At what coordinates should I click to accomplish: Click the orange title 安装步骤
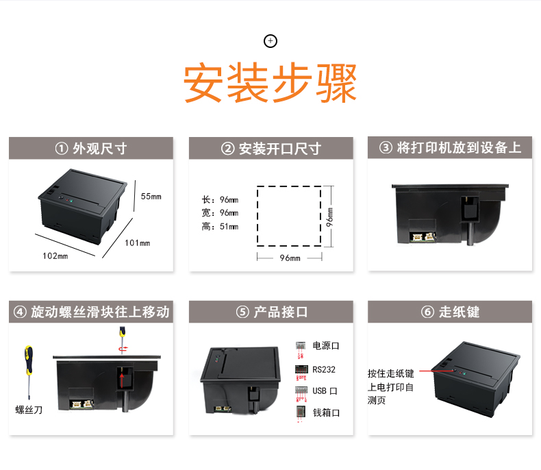(x=270, y=84)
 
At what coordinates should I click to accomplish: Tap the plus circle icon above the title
(x=270, y=41)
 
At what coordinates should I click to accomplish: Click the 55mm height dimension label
(x=151, y=197)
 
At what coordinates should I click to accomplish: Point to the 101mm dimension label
(x=138, y=243)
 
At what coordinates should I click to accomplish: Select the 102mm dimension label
(x=55, y=256)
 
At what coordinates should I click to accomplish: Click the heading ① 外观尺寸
(x=91, y=149)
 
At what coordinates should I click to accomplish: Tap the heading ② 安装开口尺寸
(x=271, y=149)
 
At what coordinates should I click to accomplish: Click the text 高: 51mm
(x=220, y=226)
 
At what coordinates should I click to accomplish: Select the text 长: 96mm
(x=220, y=199)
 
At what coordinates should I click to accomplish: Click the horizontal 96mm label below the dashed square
(x=290, y=258)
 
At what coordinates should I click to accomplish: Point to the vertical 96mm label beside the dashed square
(x=330, y=217)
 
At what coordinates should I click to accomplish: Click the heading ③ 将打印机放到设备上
(x=450, y=148)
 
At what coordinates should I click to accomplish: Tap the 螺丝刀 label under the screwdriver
(x=29, y=410)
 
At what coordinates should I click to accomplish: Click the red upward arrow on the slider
(x=122, y=380)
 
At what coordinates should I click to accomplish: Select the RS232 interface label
(x=324, y=369)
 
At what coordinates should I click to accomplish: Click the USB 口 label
(x=325, y=391)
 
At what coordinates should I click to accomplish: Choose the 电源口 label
(x=326, y=345)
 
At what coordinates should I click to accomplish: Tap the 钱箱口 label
(x=326, y=412)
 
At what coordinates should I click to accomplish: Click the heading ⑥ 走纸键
(x=450, y=312)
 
